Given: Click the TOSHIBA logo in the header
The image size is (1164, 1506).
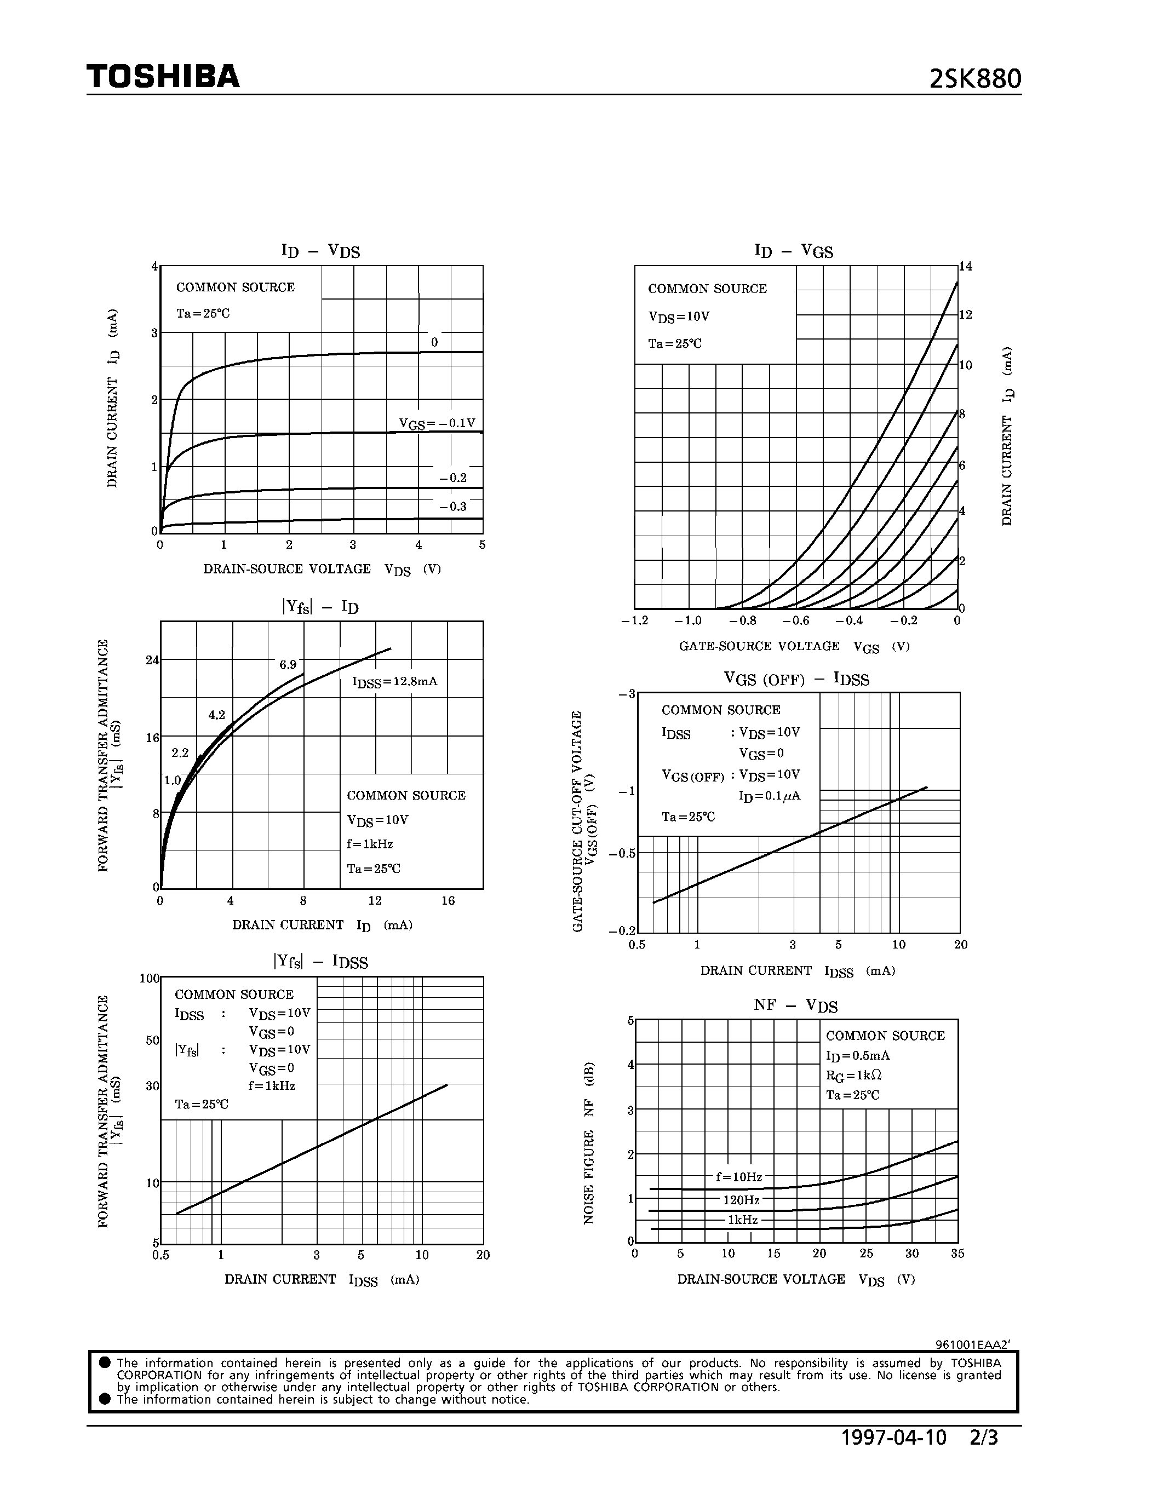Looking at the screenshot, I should coord(163,77).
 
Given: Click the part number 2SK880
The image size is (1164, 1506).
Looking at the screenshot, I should coord(974,80).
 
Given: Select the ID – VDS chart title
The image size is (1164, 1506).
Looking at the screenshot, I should coord(320,250).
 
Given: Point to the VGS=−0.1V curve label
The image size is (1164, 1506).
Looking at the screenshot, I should coord(437,423).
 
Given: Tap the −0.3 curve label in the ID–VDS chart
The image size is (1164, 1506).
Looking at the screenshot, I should coord(453,507).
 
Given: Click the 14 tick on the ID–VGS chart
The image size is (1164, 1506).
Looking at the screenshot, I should coord(965,267).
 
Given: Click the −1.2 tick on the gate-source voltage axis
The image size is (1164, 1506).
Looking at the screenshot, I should coord(634,620).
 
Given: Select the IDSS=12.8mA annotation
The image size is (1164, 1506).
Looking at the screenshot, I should coord(394,682).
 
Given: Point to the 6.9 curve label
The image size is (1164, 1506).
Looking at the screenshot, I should coord(288,665).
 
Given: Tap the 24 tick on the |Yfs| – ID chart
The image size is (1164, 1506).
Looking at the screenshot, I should coord(152,660).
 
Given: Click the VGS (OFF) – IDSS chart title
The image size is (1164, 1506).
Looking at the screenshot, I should coord(796,679).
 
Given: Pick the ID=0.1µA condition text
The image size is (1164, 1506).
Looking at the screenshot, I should coord(770,796).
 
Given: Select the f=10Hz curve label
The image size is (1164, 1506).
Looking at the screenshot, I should coord(738,1177).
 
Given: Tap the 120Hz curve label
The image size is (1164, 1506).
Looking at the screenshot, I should coord(741,1200).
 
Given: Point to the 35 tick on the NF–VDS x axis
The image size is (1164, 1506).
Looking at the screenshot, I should coord(957,1254).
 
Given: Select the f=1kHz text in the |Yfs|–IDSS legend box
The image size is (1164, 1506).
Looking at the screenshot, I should coord(272,1085).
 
